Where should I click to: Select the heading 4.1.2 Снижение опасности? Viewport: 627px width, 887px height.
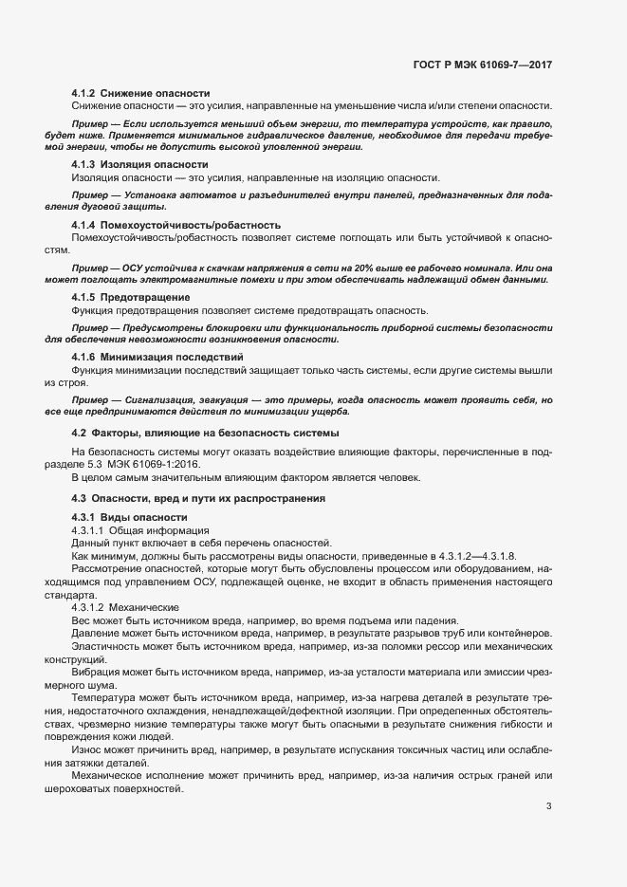click(140, 93)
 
